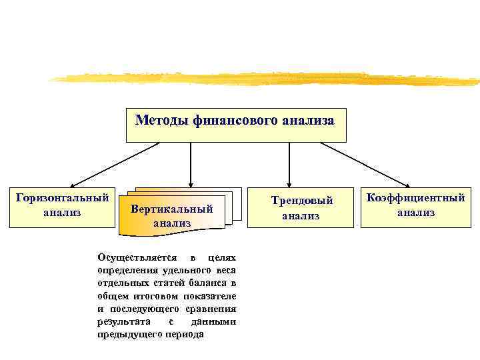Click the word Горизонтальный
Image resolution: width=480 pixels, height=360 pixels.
pos(62,198)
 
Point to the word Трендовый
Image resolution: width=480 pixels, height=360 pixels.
pos(301,201)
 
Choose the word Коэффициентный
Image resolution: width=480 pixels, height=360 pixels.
pos(416,198)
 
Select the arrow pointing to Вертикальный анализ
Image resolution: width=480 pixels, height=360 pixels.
pos(191,163)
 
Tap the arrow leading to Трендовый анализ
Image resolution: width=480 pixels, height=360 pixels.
pos(289,163)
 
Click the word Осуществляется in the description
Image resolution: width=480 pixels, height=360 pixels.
pos(137,257)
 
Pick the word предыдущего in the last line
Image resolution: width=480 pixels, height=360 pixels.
pos(127,334)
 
